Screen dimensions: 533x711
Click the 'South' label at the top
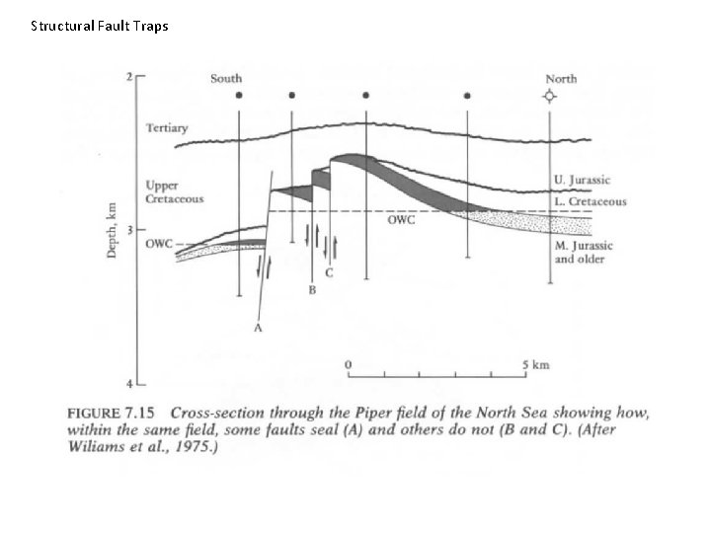[x=226, y=79]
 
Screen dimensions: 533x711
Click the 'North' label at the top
[x=561, y=79]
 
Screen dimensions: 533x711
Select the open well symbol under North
[x=549, y=96]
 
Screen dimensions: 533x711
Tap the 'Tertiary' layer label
[x=168, y=127]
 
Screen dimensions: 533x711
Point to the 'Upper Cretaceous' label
[x=174, y=191]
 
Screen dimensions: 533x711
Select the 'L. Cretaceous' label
[x=590, y=201]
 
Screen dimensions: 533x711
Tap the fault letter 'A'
[x=257, y=329]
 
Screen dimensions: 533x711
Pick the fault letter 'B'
[x=311, y=291]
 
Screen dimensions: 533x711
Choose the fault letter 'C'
[x=329, y=273]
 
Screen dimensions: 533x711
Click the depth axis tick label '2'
[x=129, y=77]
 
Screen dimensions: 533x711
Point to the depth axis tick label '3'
[x=129, y=230]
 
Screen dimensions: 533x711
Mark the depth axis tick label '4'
[x=129, y=383]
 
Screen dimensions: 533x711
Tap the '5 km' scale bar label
[x=534, y=364]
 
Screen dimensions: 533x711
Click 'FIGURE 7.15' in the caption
[x=113, y=411]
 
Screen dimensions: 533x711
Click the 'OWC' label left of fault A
[x=159, y=244]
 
